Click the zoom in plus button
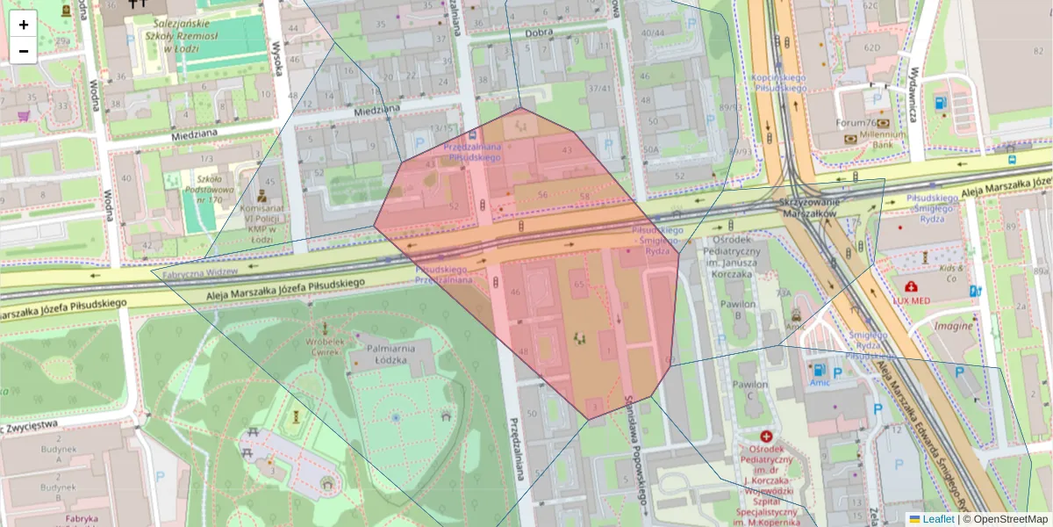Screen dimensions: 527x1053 point(24,25)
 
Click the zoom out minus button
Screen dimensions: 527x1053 point(24,51)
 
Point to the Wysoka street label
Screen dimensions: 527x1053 point(279,58)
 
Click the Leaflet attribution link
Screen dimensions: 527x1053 point(938,519)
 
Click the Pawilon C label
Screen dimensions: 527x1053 point(749,390)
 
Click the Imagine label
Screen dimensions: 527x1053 point(952,326)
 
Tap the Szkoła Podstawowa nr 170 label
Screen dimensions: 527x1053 point(209,194)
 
